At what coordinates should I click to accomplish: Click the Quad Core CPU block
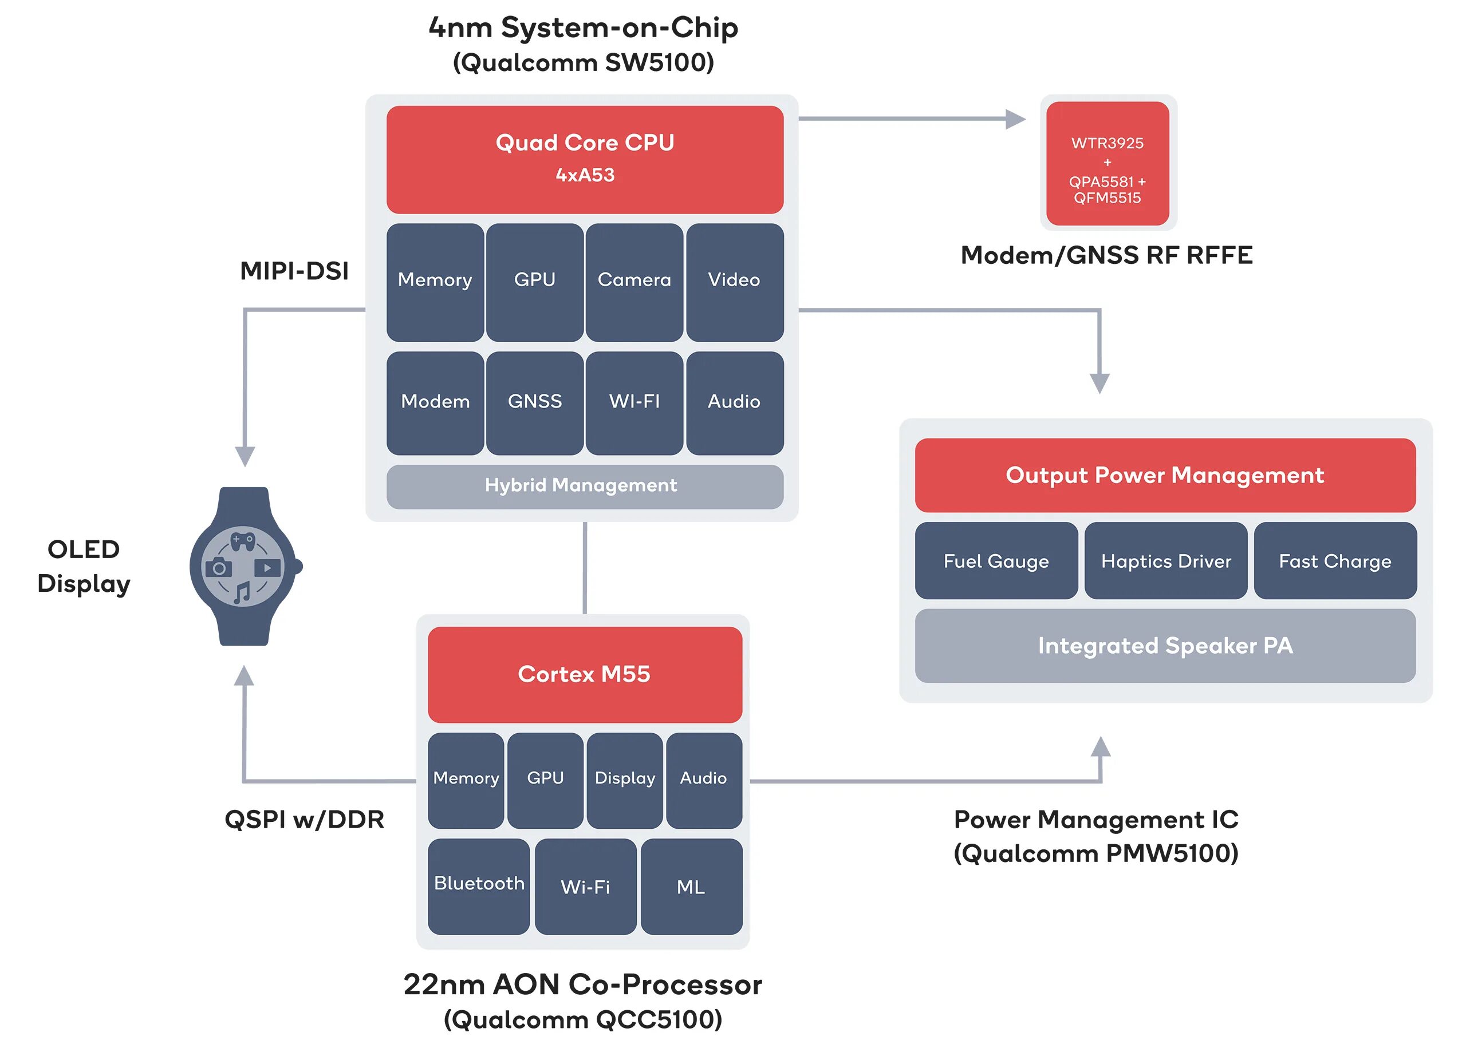point(585,160)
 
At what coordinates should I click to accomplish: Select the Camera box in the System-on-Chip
point(634,282)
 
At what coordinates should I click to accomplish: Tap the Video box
point(734,282)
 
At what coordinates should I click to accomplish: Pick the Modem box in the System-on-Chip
point(435,403)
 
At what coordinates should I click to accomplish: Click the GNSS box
point(535,403)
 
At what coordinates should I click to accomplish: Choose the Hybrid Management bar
point(585,487)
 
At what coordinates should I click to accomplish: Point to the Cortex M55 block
point(585,674)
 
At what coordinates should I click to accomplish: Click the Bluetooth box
point(479,886)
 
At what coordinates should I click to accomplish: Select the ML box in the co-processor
point(691,886)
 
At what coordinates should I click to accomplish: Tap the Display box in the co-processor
point(624,781)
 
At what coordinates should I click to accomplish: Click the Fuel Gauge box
point(996,560)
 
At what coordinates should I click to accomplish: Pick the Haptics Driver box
point(1166,560)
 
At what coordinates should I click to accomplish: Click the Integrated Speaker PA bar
point(1165,646)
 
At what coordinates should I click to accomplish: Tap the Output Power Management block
point(1165,475)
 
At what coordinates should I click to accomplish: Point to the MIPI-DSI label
point(294,271)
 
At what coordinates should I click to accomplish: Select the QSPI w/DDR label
point(304,820)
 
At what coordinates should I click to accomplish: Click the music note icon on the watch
point(242,592)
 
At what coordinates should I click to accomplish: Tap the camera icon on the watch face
point(219,568)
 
